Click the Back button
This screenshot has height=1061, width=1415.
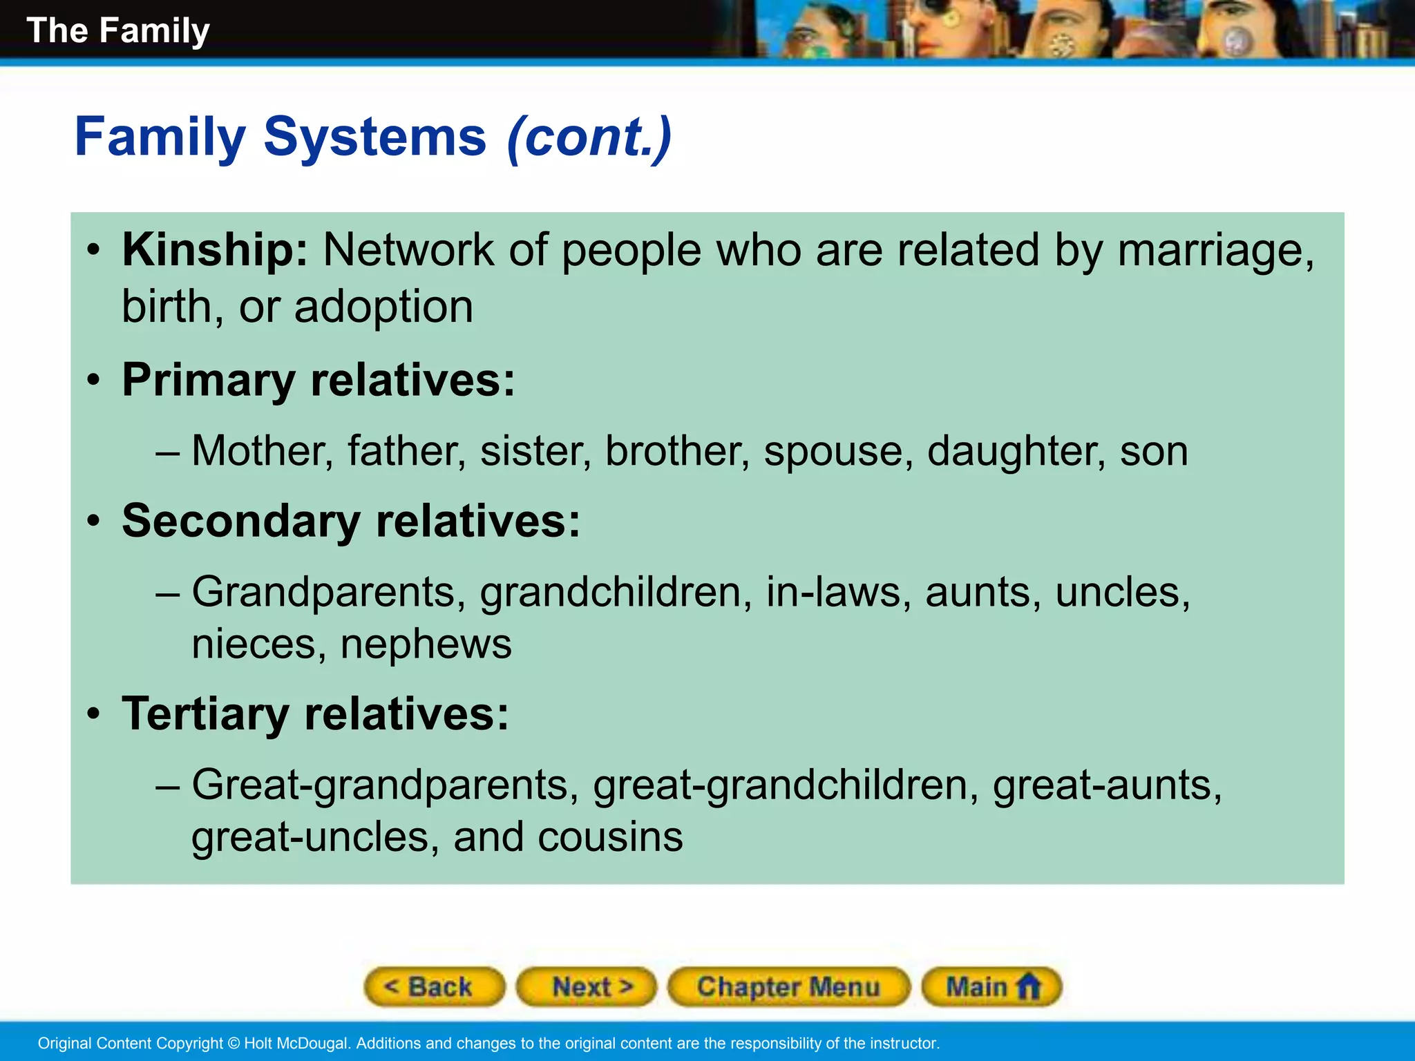click(434, 986)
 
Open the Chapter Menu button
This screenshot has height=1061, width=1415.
click(788, 986)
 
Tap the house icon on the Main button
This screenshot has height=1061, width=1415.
click(1029, 986)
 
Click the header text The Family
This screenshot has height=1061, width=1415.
click(117, 30)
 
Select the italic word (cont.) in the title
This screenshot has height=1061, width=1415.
click(589, 137)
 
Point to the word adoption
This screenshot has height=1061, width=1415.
click(383, 307)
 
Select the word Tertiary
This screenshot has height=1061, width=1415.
click(205, 714)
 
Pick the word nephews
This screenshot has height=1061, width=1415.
click(426, 644)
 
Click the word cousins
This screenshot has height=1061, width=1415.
click(610, 837)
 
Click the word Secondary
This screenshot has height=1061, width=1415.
click(240, 521)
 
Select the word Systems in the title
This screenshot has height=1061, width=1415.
click(374, 137)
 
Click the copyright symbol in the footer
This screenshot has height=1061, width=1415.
click(233, 1043)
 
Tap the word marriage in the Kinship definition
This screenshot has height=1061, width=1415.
click(1214, 251)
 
